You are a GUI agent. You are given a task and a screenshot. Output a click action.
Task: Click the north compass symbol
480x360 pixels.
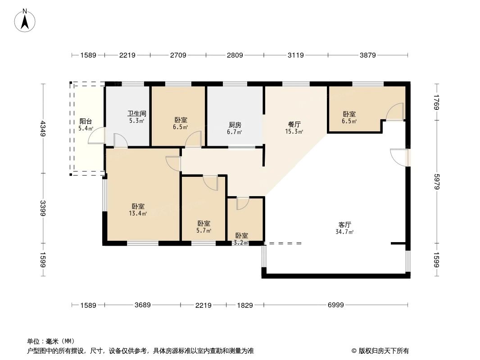point(25,20)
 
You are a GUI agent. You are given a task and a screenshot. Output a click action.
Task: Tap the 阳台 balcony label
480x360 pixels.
point(86,121)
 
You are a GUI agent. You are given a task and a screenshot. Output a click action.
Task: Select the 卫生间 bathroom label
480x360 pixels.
point(136,114)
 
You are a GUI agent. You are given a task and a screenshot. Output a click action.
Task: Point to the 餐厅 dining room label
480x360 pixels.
point(294,125)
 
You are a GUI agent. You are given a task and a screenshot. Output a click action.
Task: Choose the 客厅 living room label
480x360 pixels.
point(345,224)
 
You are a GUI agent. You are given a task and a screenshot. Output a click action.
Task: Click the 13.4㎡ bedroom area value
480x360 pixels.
point(137,213)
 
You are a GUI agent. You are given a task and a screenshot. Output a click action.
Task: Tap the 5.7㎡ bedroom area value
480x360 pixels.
point(204,230)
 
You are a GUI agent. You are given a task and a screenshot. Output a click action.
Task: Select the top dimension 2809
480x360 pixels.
point(235,55)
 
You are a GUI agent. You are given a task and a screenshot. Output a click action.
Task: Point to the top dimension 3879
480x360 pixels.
point(368,55)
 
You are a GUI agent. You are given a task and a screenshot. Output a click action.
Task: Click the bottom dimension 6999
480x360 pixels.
point(335,305)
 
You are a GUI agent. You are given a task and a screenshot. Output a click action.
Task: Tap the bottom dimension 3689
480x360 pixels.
point(142,305)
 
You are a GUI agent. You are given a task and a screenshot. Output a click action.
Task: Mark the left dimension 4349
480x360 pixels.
point(43,128)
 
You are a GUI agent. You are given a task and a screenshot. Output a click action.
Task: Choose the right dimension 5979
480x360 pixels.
point(436,182)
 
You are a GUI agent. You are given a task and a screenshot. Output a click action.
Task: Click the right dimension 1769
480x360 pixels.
point(436,102)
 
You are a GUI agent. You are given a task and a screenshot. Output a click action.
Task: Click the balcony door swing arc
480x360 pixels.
point(96,136)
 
